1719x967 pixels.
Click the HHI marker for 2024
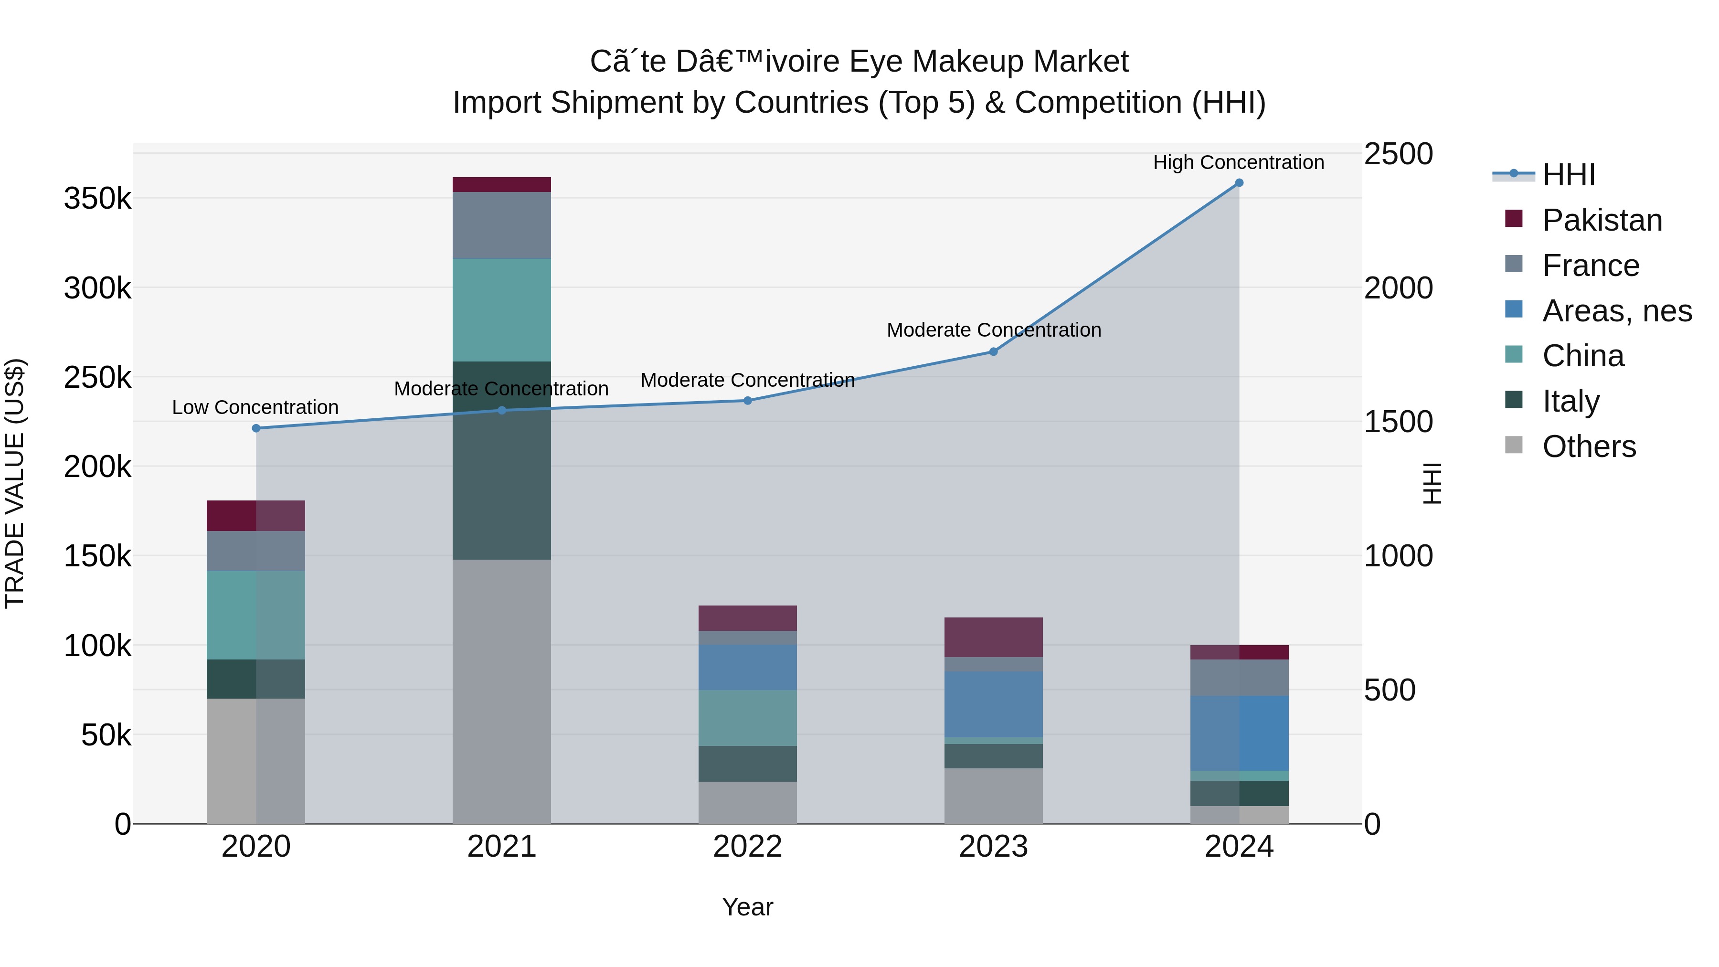pyautogui.click(x=1239, y=183)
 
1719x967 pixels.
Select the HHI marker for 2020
pyautogui.click(x=256, y=428)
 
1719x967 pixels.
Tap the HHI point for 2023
pyautogui.click(x=993, y=351)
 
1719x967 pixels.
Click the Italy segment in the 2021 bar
pyautogui.click(x=502, y=460)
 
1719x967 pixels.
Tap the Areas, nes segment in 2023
pyautogui.click(x=993, y=704)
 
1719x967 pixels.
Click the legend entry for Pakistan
pyautogui.click(x=1602, y=220)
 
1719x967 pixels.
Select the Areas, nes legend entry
pyautogui.click(x=1616, y=311)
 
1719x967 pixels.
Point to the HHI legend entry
pyautogui.click(x=1568, y=175)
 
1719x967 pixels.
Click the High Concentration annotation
pyautogui.click(x=1239, y=162)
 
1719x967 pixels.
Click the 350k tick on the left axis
pyautogui.click(x=97, y=198)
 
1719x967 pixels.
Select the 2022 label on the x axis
pyautogui.click(x=747, y=847)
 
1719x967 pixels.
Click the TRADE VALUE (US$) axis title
pyautogui.click(x=15, y=483)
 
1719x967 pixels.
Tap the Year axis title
pyautogui.click(x=747, y=907)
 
